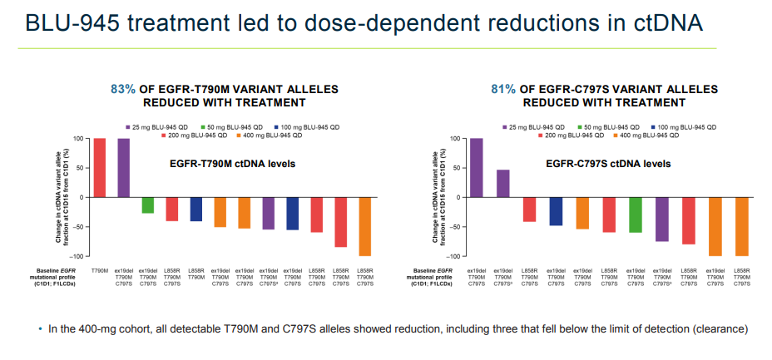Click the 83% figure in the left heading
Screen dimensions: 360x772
[123, 89]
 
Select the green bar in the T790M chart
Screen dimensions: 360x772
[148, 205]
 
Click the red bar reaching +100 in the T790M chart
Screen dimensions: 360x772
[99, 167]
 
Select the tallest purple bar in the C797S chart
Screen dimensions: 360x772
[477, 167]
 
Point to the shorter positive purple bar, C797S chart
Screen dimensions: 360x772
[503, 183]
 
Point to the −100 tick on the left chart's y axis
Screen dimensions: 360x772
[78, 256]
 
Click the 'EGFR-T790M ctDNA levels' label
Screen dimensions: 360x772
[227, 164]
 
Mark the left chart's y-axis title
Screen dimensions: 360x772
[64, 197]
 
